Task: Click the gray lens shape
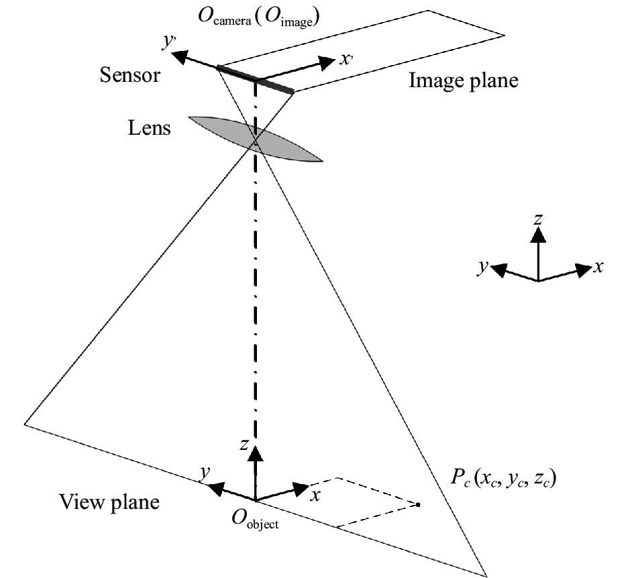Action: click(256, 139)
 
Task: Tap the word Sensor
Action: click(130, 74)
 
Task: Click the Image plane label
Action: click(464, 81)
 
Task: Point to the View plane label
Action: click(109, 502)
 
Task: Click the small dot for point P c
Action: click(418, 504)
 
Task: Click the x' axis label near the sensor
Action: click(346, 59)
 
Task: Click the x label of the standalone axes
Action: click(599, 268)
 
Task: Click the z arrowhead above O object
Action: click(254, 454)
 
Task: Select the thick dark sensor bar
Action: click(256, 78)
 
